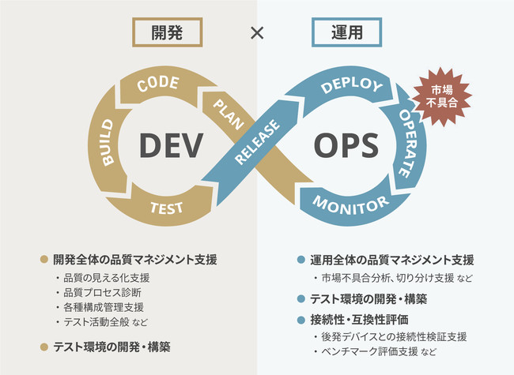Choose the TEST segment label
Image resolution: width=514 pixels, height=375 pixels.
[166, 208]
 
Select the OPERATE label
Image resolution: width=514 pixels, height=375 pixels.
[414, 142]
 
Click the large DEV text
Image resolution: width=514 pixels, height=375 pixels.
[172, 144]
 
